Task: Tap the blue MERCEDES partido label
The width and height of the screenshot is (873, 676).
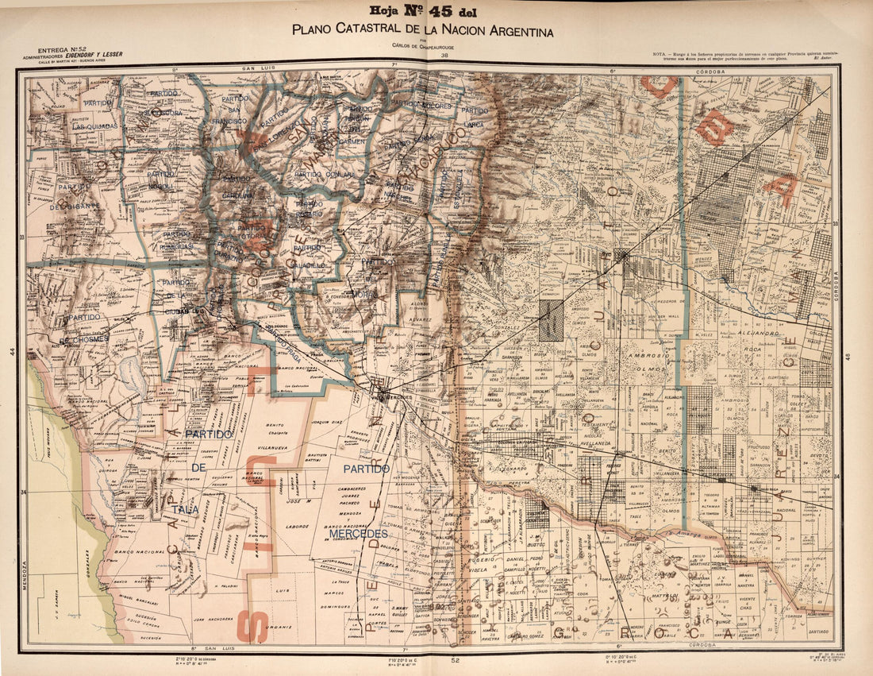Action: coord(358,534)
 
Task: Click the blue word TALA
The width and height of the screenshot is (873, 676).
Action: coord(189,511)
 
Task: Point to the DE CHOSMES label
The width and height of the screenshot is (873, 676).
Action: coord(89,339)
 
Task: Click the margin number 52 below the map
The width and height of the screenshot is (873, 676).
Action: coord(455,660)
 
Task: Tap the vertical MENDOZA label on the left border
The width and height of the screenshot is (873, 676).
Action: coord(24,575)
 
